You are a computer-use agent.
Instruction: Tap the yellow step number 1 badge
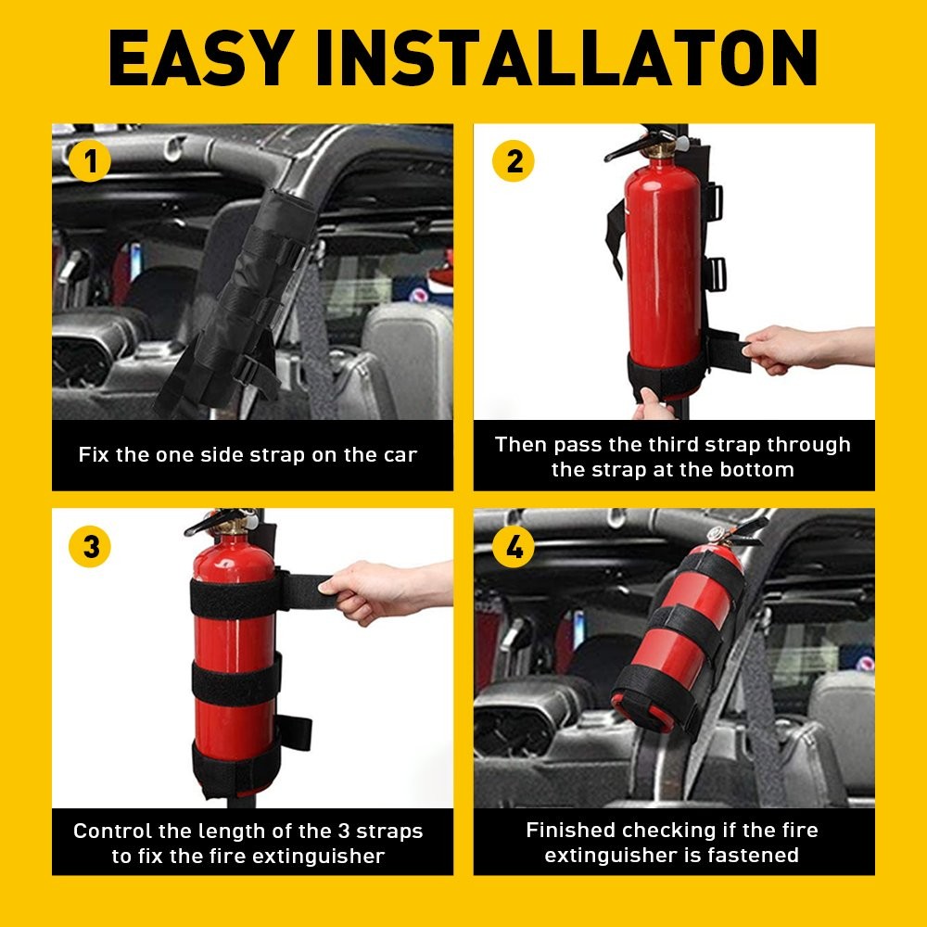point(90,162)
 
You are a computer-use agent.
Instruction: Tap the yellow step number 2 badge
point(514,162)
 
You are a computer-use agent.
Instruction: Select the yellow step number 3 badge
point(90,547)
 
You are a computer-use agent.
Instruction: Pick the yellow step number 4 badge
point(514,547)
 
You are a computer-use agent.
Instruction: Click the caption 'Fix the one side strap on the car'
point(248,455)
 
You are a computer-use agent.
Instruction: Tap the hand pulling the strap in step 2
point(788,352)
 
